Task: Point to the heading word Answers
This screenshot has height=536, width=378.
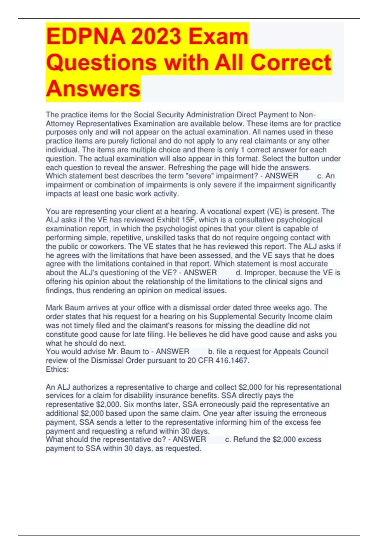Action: pyautogui.click(x=93, y=89)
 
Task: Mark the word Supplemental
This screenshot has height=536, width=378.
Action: pyautogui.click(x=232, y=317)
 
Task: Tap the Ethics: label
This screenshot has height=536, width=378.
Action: pyautogui.click(x=57, y=369)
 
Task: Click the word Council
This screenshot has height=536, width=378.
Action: pyautogui.click(x=313, y=352)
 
